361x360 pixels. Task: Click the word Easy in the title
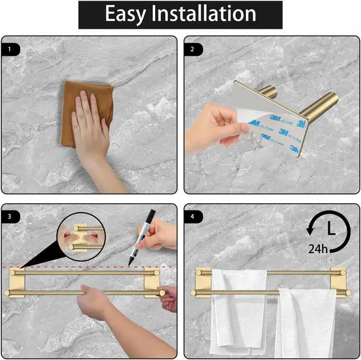click(x=125, y=14)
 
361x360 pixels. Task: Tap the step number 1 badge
click(x=10, y=49)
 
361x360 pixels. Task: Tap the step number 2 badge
click(x=193, y=49)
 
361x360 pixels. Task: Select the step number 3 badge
click(x=10, y=217)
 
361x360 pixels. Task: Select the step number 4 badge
click(x=193, y=217)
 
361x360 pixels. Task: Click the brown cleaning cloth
click(x=86, y=114)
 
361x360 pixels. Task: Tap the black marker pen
click(x=142, y=237)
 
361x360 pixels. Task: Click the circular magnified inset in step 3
click(x=81, y=237)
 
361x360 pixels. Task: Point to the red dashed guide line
click(x=89, y=267)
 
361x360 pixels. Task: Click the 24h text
click(x=318, y=249)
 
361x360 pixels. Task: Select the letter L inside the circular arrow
click(x=331, y=229)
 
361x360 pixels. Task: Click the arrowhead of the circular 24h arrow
click(x=310, y=230)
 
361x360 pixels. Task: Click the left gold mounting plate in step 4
click(x=203, y=282)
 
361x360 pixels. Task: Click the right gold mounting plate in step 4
click(x=338, y=282)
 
